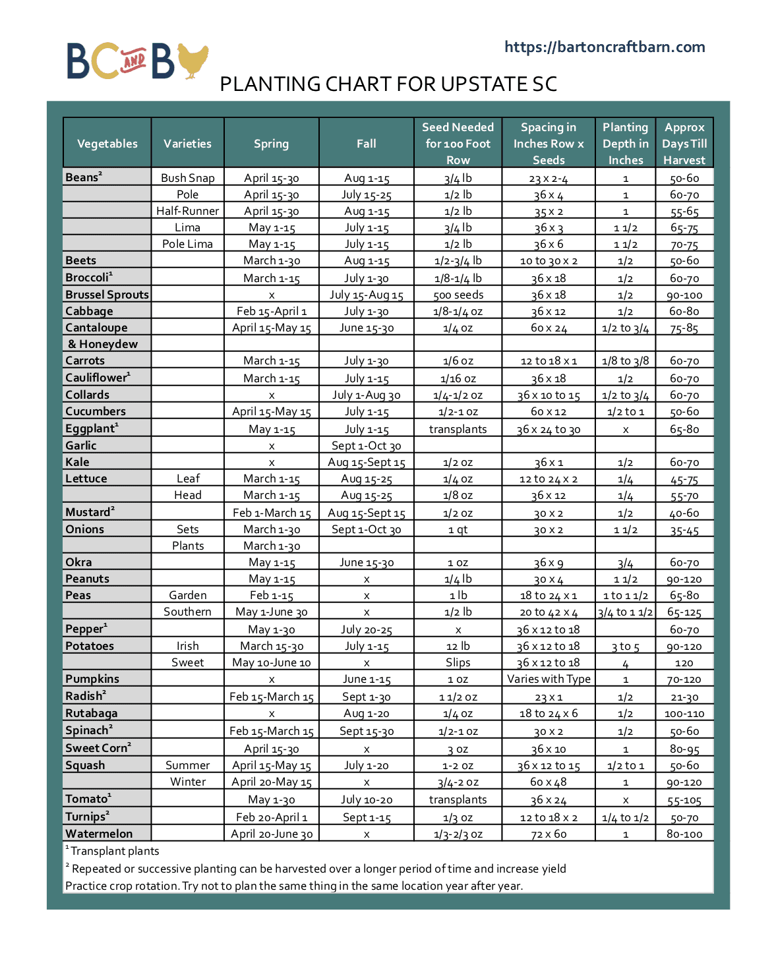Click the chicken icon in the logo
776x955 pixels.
193,61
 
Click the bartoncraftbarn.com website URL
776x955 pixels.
605,47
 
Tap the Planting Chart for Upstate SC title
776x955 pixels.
388,84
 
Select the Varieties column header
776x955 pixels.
187,144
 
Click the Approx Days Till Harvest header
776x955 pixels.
684,144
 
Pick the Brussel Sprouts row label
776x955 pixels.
107,295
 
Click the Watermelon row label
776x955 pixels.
99,834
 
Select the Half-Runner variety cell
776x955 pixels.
187,211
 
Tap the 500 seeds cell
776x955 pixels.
458,295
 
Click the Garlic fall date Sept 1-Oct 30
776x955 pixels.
366,446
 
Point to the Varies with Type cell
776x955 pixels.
549,679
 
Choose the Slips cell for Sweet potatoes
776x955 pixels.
458,662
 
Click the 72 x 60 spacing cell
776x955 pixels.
549,834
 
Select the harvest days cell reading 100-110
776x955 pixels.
684,713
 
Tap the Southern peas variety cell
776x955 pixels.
187,612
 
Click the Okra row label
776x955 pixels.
78,562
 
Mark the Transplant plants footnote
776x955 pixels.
114,851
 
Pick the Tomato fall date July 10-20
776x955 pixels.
366,799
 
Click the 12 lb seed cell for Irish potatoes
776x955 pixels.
458,646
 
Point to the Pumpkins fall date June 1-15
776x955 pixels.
366,679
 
